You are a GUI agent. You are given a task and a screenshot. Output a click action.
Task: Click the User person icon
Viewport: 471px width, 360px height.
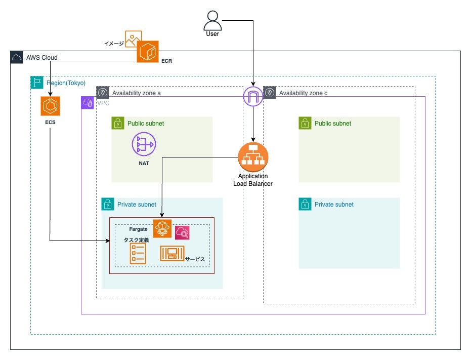tap(212, 21)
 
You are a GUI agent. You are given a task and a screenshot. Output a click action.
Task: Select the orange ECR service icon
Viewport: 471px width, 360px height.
tap(148, 52)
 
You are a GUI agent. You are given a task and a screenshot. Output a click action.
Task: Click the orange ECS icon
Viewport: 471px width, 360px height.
tap(51, 106)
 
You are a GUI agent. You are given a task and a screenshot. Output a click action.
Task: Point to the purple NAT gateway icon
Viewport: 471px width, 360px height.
tap(144, 144)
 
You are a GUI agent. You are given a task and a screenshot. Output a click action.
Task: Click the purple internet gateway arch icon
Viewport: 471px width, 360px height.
tap(253, 95)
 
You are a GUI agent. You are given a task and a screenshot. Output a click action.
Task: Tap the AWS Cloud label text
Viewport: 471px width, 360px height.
tap(42, 58)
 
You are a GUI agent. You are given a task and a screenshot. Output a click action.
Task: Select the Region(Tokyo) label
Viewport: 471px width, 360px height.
tap(66, 83)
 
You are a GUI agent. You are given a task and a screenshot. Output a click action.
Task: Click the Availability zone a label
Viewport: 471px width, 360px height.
tap(137, 93)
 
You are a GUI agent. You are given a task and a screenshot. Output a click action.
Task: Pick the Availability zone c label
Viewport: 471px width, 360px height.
tap(304, 93)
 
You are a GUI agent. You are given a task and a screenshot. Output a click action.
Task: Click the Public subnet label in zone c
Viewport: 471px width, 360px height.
tap(332, 124)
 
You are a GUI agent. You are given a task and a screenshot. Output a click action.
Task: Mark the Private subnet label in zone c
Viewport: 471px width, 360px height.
tap(334, 205)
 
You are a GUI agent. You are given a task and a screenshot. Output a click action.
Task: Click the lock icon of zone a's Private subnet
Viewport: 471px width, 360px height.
tap(108, 204)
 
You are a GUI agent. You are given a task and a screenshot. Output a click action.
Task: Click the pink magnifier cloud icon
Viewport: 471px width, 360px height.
tap(182, 233)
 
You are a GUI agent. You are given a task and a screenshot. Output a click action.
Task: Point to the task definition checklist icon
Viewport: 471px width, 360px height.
tap(138, 253)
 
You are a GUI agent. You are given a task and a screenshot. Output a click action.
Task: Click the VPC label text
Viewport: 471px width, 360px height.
tap(103, 103)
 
